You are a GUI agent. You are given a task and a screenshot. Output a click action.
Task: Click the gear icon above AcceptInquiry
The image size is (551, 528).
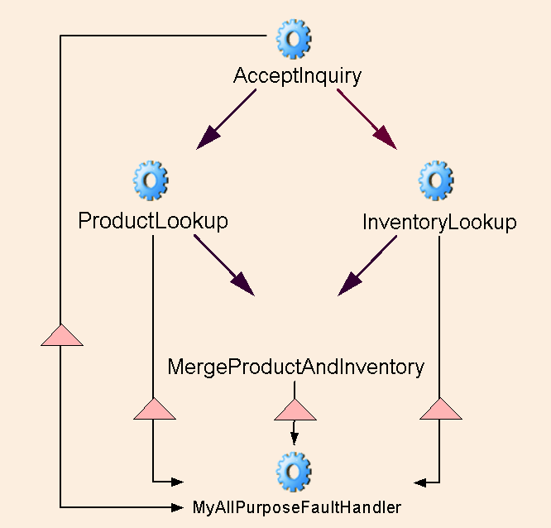click(294, 39)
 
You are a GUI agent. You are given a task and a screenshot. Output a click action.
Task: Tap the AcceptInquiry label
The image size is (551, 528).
click(297, 76)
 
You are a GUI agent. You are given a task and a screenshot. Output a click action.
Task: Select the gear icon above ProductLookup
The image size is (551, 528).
click(151, 180)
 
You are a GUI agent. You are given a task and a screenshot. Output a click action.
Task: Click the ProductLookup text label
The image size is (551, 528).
click(153, 221)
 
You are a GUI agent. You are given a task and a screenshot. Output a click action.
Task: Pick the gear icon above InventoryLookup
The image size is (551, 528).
click(435, 180)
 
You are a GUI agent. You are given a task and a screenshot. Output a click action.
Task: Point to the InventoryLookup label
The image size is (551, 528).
click(439, 223)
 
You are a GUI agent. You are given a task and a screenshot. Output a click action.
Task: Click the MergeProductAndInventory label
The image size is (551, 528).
click(295, 367)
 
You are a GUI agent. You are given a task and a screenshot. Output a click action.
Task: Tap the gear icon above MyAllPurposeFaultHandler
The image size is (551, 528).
click(294, 471)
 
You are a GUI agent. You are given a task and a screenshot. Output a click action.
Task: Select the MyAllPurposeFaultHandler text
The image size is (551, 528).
click(297, 506)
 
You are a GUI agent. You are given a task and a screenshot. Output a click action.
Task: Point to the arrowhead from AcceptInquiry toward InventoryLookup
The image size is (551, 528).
click(386, 138)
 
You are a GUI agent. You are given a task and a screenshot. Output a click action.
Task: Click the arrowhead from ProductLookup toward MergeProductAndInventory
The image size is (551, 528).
click(243, 285)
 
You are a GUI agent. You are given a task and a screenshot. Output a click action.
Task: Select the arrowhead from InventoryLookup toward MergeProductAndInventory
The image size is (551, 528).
click(349, 285)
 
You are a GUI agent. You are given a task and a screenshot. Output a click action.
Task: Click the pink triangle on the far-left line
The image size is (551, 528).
click(61, 334)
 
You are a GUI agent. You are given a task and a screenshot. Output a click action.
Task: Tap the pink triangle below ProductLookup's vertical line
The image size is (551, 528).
click(154, 409)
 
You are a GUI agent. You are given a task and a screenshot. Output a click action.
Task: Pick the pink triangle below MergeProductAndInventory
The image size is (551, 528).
click(295, 409)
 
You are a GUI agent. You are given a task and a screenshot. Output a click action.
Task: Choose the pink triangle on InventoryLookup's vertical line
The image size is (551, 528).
click(439, 409)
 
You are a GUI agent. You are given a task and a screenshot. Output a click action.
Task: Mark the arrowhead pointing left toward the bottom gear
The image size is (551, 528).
click(420, 481)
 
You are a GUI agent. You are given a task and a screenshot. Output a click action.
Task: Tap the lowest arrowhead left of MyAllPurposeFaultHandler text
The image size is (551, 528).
click(175, 505)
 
